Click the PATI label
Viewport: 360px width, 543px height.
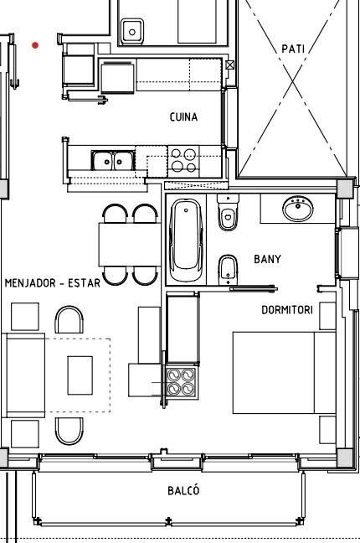tap(293, 49)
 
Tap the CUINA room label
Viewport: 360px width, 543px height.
tap(184, 117)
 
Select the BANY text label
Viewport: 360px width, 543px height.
tap(267, 259)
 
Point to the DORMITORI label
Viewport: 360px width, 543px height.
tap(287, 310)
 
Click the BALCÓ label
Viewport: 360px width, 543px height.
tap(183, 490)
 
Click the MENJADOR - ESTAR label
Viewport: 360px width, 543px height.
tap(53, 283)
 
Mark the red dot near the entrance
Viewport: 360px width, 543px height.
tap(35, 45)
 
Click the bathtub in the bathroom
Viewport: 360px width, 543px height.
tap(186, 240)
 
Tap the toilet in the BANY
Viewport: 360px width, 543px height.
tap(228, 212)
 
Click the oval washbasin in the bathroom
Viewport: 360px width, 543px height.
tap(298, 209)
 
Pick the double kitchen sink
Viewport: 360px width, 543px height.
tap(113, 160)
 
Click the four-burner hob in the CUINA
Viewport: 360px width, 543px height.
tap(184, 160)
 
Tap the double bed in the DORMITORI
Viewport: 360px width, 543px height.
tap(284, 373)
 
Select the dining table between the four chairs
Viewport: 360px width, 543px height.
tap(130, 245)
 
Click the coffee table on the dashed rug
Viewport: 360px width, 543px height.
tap(80, 375)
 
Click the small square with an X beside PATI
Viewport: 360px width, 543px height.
tap(230, 65)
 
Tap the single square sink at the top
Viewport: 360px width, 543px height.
tap(132, 32)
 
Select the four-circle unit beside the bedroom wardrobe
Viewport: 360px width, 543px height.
tap(181, 382)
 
